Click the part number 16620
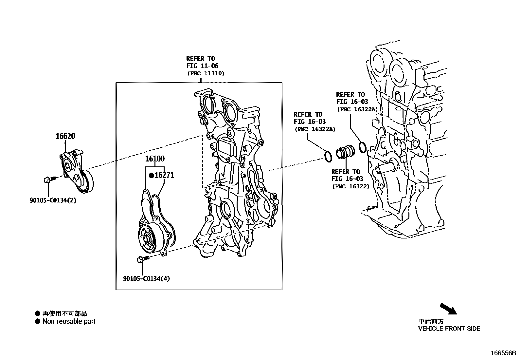point(65,136)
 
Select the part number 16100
point(155,159)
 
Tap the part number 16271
point(164,175)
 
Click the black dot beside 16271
point(151,176)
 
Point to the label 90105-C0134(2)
point(53,200)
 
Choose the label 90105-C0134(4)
point(147,279)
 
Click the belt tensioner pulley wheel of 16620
point(86,182)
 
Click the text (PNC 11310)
point(206,74)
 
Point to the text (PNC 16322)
point(351,186)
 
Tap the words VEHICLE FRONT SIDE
point(449,329)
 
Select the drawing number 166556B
point(503,353)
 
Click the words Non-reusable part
point(69,321)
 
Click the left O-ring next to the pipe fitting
point(328,156)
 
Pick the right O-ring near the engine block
point(362,147)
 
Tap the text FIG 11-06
point(202,66)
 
